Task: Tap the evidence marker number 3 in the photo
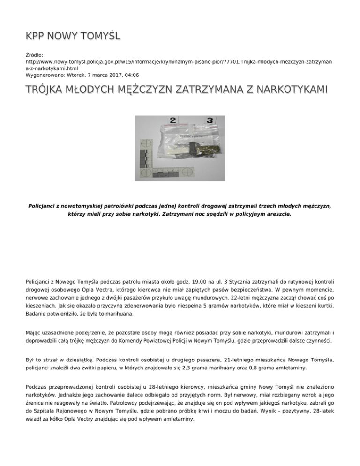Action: point(210,120)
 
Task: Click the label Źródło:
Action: point(34,55)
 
